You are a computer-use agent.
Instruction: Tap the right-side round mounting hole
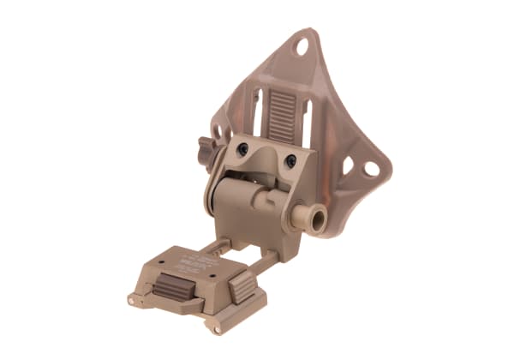[x=371, y=169]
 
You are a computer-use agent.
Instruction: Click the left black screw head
[x=243, y=149]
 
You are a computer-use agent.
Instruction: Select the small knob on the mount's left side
[x=206, y=147]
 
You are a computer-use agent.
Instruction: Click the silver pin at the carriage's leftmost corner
[x=133, y=300]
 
